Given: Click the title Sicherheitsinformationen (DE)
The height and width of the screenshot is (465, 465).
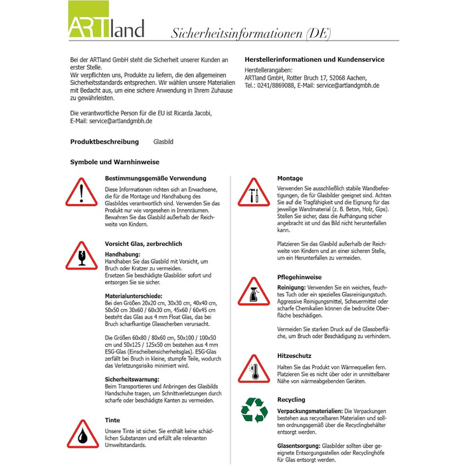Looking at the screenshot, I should pos(251,33).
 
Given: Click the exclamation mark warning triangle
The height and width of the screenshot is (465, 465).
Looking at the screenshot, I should pos(82,192).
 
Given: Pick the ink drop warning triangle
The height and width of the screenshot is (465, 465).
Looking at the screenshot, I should pos(82,436).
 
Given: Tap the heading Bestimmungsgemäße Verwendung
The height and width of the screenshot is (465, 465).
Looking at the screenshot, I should pos(155,178).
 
